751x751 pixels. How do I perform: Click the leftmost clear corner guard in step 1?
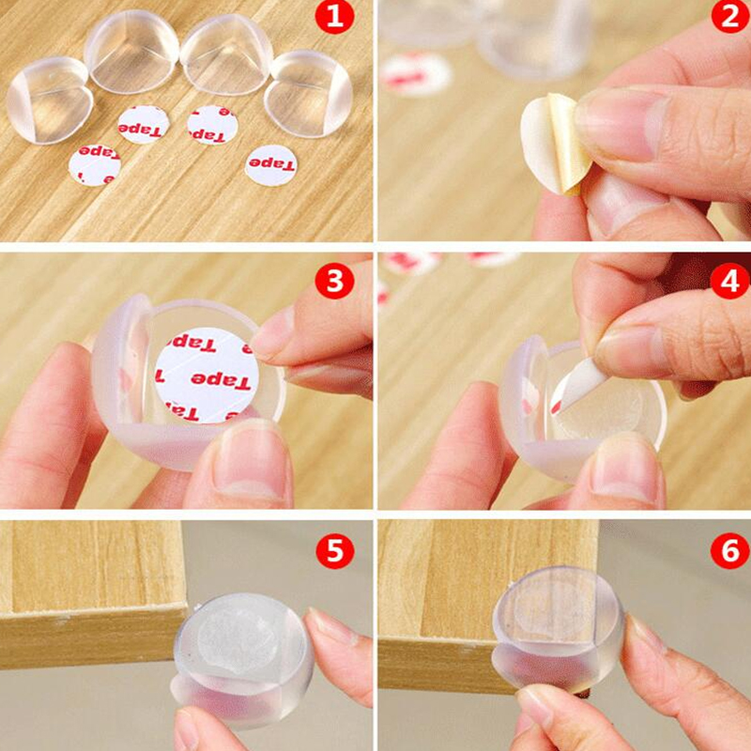pyautogui.click(x=49, y=99)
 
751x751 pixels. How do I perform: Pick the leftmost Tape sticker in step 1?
pyautogui.click(x=94, y=162)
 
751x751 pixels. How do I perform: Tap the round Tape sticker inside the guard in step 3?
pyautogui.click(x=207, y=374)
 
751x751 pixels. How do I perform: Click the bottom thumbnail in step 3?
pyautogui.click(x=249, y=460)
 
